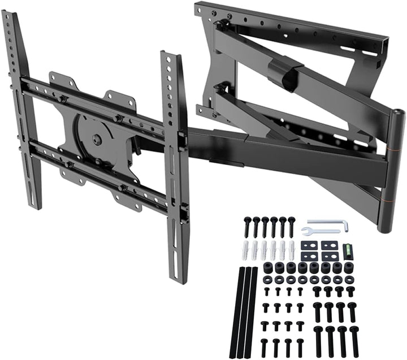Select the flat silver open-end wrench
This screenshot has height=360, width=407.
[321, 232]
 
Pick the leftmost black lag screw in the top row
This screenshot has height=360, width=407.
[248, 227]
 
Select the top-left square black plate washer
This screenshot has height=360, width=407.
[309, 245]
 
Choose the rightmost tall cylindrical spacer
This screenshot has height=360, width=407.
[348, 267]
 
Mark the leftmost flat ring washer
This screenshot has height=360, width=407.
[268, 279]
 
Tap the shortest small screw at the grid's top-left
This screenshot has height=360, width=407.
[267, 290]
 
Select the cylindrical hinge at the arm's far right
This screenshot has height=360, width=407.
[391, 170]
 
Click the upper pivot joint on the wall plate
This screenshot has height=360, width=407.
[222, 24]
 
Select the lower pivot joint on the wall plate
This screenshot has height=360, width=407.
[222, 88]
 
